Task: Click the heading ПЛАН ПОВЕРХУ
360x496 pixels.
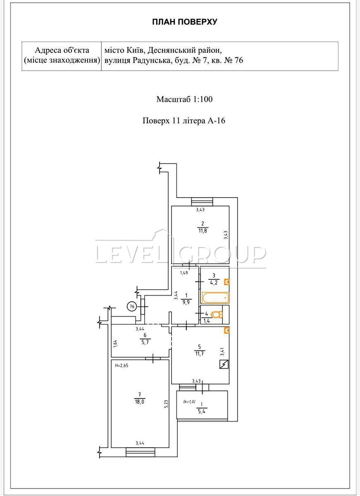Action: [x=185, y=22]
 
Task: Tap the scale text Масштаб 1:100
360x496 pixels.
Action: [x=184, y=99]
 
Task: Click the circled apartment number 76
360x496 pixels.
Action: [x=132, y=306]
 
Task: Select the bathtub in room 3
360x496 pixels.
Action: [x=215, y=298]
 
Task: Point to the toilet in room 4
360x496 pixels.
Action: [x=217, y=315]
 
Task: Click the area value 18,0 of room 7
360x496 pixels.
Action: [x=139, y=402]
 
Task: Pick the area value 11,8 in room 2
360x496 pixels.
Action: [x=203, y=231]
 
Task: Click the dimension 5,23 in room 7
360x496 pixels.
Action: [x=167, y=403]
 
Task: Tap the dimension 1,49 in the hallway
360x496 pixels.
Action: [x=184, y=273]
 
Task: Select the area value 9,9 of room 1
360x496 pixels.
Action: [x=186, y=302]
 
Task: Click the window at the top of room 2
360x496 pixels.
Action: [x=202, y=202]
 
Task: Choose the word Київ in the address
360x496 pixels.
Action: [x=135, y=50]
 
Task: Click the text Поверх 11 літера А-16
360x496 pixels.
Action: [x=184, y=121]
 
